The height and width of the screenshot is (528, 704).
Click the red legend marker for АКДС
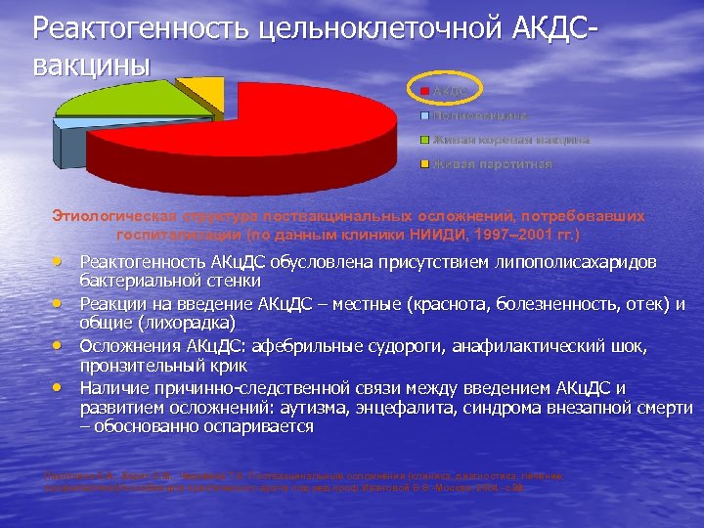coord(425,92)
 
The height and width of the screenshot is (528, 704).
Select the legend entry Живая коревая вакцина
coord(510,140)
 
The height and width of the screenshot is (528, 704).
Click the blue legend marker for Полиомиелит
coord(425,115)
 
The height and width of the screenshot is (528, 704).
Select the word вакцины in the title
coord(92,65)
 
